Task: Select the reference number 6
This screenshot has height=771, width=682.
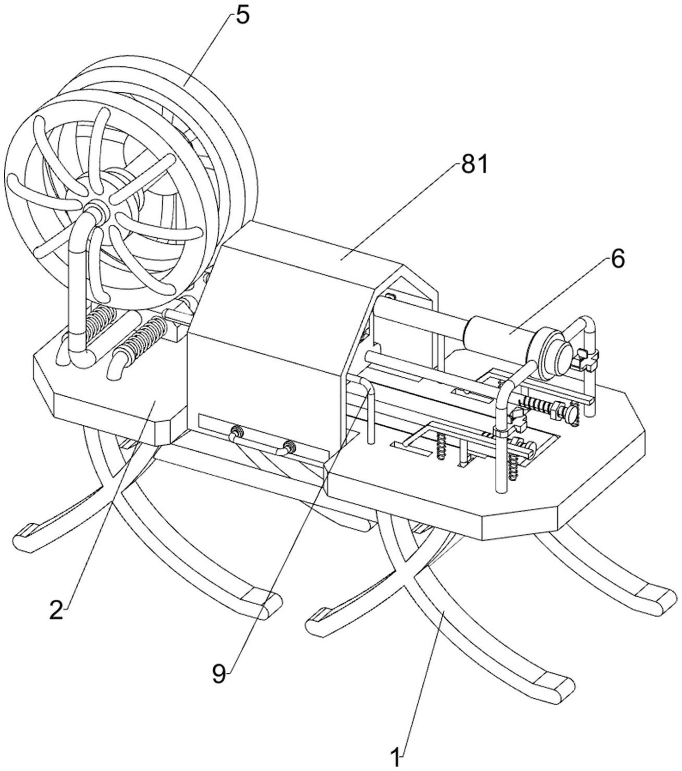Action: click(617, 260)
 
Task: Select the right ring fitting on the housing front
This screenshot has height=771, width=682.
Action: click(289, 447)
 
